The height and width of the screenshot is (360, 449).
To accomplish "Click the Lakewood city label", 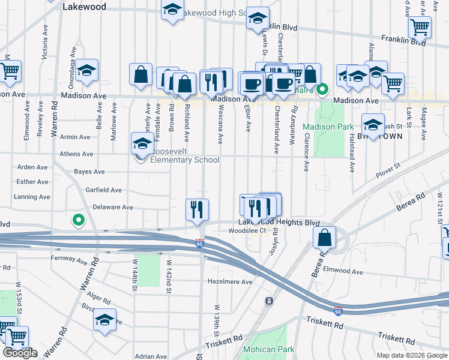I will click(x=84, y=7).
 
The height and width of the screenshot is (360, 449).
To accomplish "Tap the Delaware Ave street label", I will click(x=113, y=208).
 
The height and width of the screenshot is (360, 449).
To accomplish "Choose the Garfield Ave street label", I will click(x=103, y=190).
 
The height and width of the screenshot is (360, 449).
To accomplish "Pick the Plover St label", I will click(x=388, y=174).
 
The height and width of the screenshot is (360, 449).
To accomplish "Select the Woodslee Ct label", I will click(x=248, y=230).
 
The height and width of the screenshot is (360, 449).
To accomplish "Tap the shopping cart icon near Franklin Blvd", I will click(x=419, y=26).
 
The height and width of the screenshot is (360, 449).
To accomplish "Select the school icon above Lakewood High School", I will click(x=172, y=10).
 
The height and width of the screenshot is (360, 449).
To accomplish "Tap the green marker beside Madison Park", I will click(x=322, y=90).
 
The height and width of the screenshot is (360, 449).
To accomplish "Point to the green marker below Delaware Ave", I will click(x=77, y=220).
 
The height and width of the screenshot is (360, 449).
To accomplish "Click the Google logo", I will click(x=20, y=353).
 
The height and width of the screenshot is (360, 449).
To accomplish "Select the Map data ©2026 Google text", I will click(x=411, y=355).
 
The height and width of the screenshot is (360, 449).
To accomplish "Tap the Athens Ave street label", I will click(x=75, y=154).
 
